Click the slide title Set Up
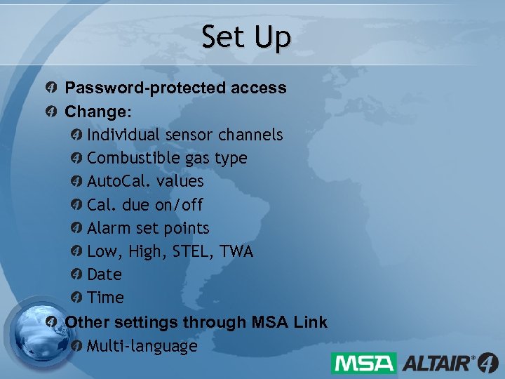(245, 38)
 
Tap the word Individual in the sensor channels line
(123, 135)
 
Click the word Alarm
(109, 228)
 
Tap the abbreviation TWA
(237, 251)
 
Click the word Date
(105, 274)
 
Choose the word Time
(106, 298)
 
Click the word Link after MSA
(311, 322)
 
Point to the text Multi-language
(142, 346)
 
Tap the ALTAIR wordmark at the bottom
(438, 364)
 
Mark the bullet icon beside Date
(76, 274)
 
